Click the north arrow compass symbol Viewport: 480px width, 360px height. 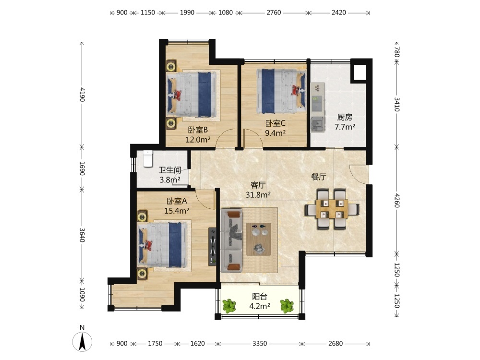click(x=82, y=341)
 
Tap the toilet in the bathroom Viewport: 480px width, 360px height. click(x=148, y=158)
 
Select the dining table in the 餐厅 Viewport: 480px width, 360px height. click(x=332, y=209)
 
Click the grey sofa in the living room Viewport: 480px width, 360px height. click(x=231, y=240)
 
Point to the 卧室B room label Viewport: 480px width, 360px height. click(x=198, y=130)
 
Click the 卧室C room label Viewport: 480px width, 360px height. click(x=275, y=123)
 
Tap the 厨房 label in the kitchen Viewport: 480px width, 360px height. click(x=345, y=117)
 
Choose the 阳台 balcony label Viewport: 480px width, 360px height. click(x=260, y=296)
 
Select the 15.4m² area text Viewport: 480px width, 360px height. click(x=177, y=211)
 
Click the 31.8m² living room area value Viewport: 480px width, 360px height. click(x=258, y=195)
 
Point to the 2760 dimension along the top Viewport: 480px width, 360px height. click(x=274, y=12)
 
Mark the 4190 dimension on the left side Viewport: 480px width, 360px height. click(x=82, y=94)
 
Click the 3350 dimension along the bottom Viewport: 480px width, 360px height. click(x=260, y=344)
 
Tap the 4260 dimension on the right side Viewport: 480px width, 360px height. click(x=397, y=200)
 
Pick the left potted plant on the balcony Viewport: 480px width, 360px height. click(x=229, y=306)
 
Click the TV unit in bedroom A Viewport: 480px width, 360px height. click(x=213, y=246)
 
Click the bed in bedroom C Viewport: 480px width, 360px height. click(x=281, y=91)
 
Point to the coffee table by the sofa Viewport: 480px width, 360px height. click(x=259, y=239)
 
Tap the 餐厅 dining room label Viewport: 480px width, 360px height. click(x=319, y=177)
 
